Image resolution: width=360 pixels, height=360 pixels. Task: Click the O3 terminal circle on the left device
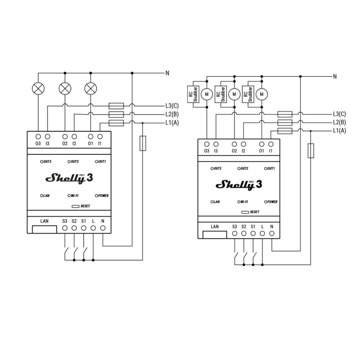click(x=38, y=136)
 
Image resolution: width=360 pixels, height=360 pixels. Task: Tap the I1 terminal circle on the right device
click(x=271, y=144)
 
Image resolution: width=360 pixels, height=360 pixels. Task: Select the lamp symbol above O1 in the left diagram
click(x=90, y=88)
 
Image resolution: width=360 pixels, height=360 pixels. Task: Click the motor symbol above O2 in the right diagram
click(x=234, y=94)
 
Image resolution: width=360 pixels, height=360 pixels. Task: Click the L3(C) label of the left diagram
click(x=172, y=106)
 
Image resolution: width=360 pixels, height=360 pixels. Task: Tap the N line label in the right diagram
click(x=335, y=76)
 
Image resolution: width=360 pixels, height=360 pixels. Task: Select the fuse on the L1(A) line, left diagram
click(x=116, y=123)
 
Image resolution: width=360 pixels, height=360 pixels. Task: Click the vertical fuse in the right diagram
click(x=311, y=151)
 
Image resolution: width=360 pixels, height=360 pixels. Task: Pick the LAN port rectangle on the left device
click(x=44, y=229)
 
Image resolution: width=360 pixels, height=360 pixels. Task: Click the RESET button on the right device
click(x=245, y=212)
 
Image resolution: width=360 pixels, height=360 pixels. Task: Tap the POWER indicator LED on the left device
click(x=96, y=196)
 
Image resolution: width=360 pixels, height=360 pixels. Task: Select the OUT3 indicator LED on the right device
click(x=212, y=168)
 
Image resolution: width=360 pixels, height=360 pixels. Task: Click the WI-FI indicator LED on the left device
click(x=69, y=196)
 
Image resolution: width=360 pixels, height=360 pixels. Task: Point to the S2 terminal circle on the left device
click(x=74, y=228)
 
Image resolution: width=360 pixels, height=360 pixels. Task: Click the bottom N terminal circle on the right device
click(x=272, y=233)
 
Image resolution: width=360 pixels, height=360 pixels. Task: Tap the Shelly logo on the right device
click(x=239, y=185)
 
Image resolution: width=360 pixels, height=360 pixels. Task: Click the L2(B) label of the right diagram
click(x=339, y=122)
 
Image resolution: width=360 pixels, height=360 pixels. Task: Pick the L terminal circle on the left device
click(x=93, y=228)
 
